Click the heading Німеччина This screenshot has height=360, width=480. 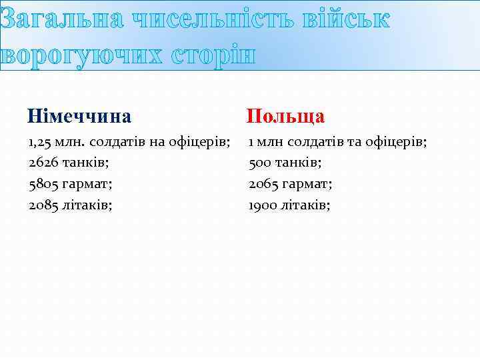click(79, 117)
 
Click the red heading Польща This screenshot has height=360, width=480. click(285, 117)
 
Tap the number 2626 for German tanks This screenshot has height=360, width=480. click(42, 162)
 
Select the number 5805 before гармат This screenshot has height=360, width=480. click(42, 183)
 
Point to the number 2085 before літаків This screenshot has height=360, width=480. click(42, 205)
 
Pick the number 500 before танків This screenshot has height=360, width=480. click(260, 162)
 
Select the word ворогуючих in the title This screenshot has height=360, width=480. click(81, 55)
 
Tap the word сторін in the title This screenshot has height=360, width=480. click(213, 55)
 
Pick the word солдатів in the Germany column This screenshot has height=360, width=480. click(114, 141)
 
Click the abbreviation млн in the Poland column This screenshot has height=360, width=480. click(268, 141)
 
